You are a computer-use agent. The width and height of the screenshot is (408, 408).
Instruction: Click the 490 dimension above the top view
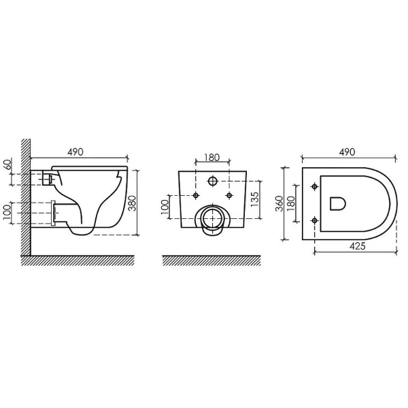click(x=347, y=153)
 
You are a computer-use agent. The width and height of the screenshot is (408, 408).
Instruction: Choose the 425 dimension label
click(x=356, y=245)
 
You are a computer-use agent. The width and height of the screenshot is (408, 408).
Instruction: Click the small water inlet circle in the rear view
click(x=211, y=182)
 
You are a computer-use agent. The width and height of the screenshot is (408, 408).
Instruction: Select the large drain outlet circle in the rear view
click(x=211, y=220)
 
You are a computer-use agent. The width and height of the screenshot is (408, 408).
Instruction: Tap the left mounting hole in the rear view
click(x=196, y=195)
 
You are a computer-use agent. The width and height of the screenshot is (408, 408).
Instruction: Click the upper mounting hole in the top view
click(x=313, y=186)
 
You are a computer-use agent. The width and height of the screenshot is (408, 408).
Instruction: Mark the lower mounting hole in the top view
click(x=313, y=220)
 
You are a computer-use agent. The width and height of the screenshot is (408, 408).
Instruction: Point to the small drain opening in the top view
click(x=337, y=203)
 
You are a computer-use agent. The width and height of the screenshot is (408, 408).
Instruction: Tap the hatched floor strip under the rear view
click(x=211, y=260)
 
